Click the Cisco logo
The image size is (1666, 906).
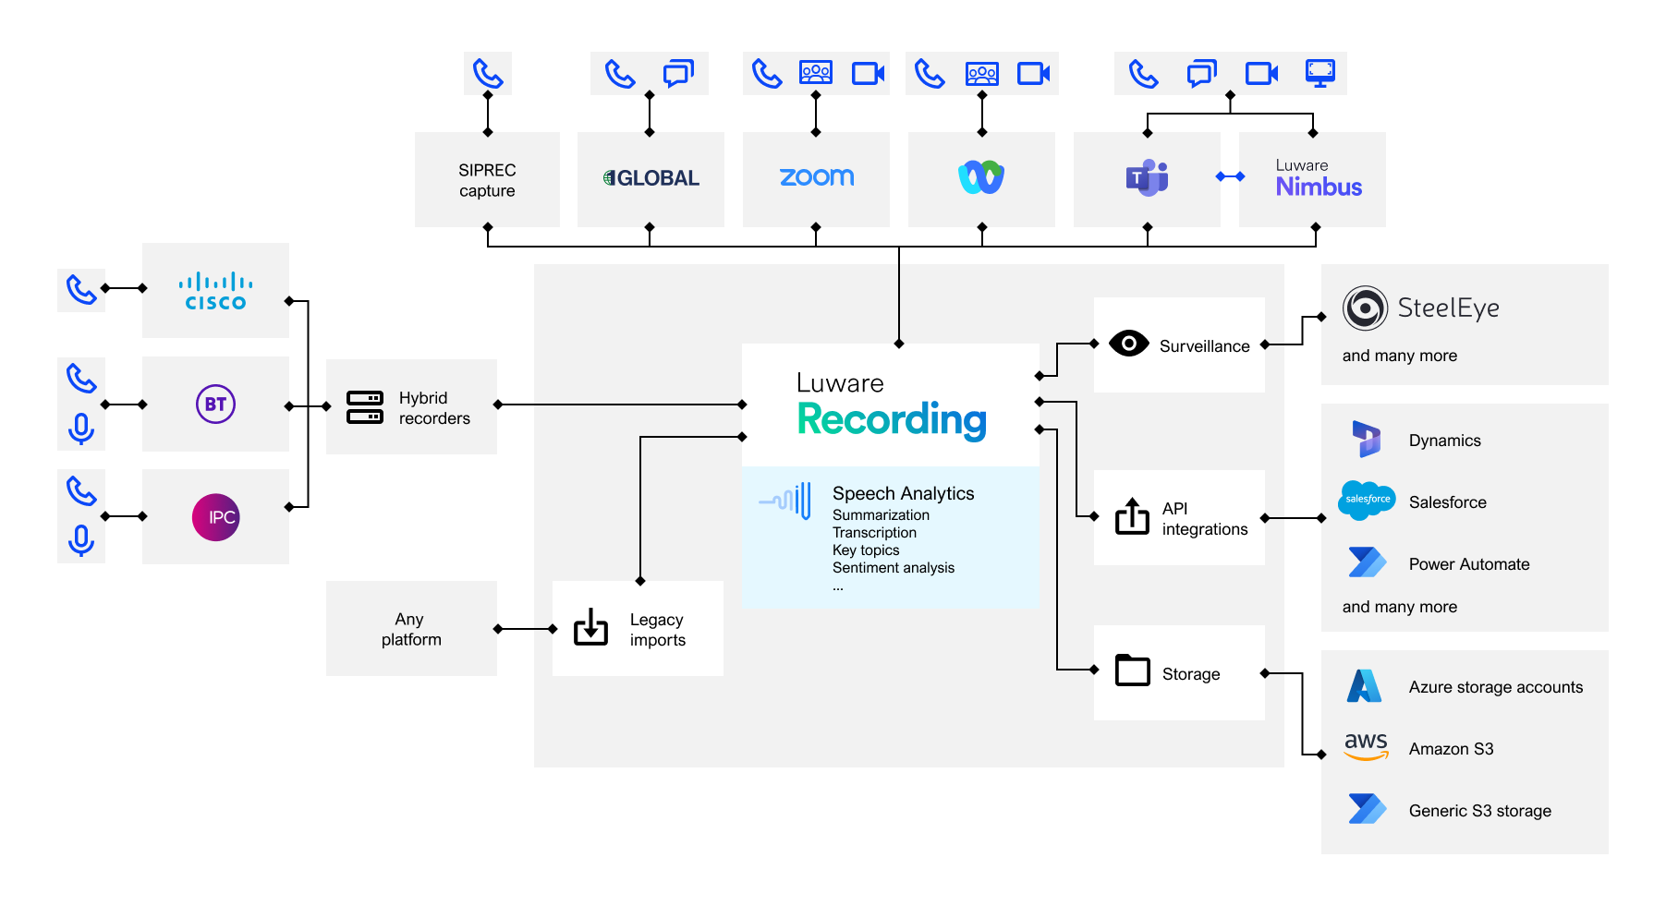click(215, 291)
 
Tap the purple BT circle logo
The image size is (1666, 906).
click(215, 405)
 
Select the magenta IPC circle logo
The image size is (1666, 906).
click(215, 517)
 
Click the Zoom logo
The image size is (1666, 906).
click(816, 177)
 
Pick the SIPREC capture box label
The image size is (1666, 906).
click(487, 180)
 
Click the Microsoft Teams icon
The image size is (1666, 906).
click(1147, 177)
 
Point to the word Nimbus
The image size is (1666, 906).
click(1319, 187)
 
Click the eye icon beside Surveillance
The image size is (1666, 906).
click(1128, 344)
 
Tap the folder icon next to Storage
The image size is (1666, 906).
click(1132, 670)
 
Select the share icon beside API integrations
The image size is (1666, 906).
click(1132, 516)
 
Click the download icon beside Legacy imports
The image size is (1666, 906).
click(590, 627)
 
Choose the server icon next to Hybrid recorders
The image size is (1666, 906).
click(365, 407)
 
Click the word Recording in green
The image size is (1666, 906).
click(892, 419)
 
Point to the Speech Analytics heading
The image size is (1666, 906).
click(903, 493)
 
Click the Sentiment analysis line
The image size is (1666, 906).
click(893, 568)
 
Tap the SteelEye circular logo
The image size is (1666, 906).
click(1365, 308)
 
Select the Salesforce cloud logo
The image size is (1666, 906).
click(1367, 500)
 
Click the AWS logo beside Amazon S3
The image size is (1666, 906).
click(1366, 745)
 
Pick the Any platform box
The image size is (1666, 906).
click(411, 629)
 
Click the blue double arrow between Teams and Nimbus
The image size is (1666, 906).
click(1230, 176)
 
